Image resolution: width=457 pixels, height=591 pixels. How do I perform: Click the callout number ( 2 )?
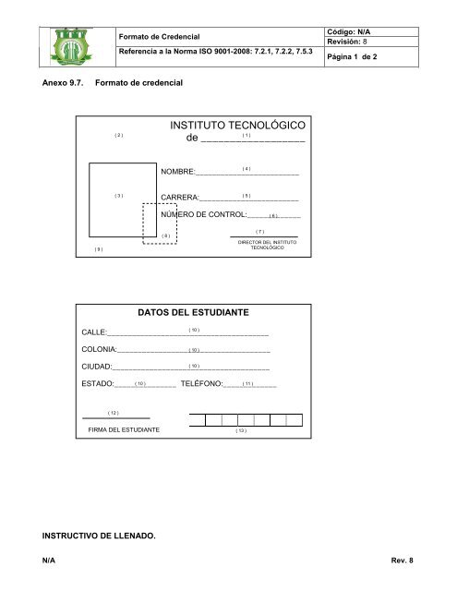click(x=118, y=136)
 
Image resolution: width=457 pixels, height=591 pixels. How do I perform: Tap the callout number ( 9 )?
click(x=99, y=249)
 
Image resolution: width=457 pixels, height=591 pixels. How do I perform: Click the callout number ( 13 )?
click(x=240, y=431)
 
